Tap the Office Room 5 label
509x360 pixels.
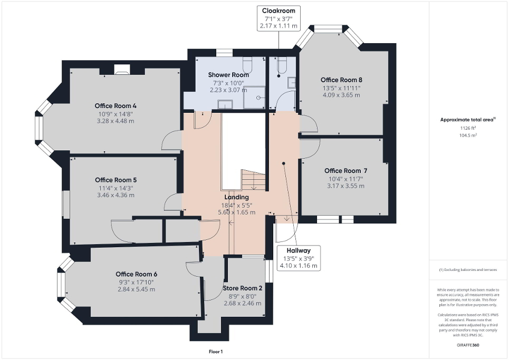(116, 180)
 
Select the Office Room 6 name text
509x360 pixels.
(136, 274)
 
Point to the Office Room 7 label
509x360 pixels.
(345, 170)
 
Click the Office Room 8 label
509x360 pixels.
(342, 80)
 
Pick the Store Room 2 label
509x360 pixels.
(242, 288)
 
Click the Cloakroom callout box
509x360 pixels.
(278, 18)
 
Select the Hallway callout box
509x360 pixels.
(299, 258)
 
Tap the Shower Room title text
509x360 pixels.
(228, 75)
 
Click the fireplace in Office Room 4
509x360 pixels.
(122, 68)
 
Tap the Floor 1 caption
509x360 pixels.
(215, 352)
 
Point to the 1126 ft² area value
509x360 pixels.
(468, 128)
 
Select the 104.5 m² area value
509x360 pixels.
(468, 135)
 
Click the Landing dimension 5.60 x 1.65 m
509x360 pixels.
(236, 212)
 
